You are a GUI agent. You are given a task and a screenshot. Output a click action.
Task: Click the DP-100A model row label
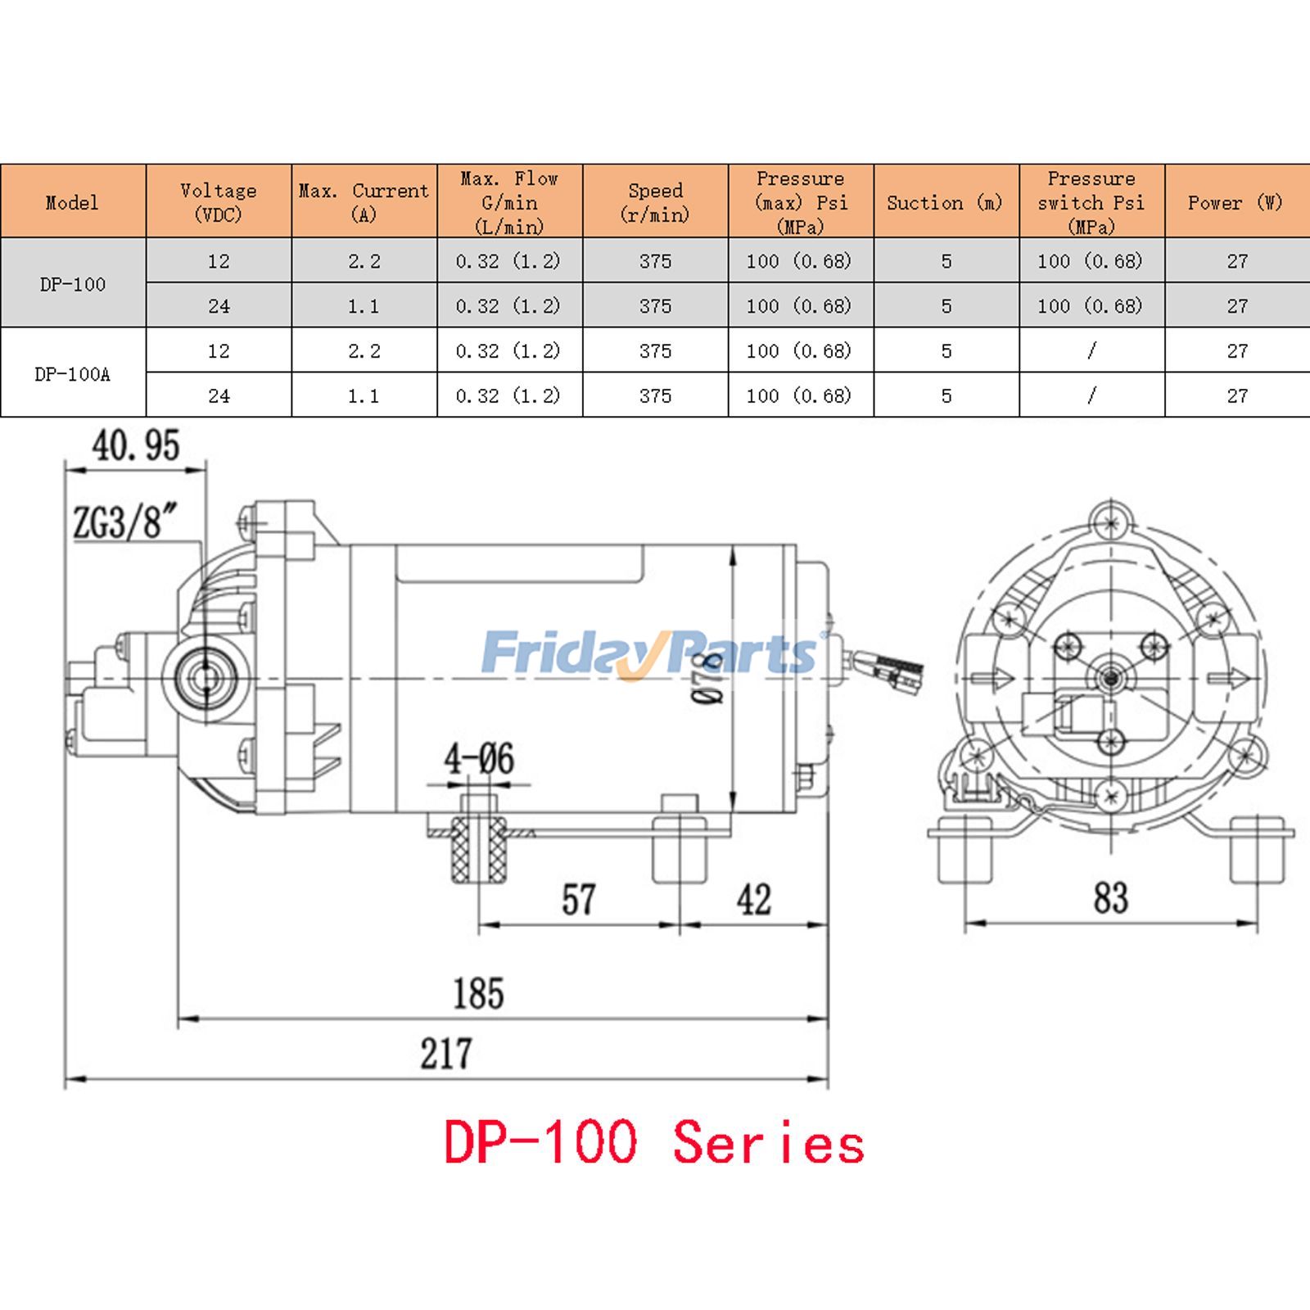(72, 374)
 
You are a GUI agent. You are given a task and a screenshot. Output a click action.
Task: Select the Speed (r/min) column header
(655, 201)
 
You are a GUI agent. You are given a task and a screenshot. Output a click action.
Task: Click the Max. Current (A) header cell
(364, 201)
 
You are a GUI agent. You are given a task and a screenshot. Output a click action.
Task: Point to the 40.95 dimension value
(136, 446)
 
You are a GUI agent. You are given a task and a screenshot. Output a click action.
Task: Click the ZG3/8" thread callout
(125, 522)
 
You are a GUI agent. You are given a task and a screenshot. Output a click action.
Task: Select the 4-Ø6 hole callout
(479, 759)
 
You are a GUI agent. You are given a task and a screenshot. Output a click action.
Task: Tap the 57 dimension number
(578, 900)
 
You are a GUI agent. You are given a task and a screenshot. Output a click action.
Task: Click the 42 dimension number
(753, 900)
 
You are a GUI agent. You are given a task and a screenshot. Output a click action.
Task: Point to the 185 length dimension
(479, 993)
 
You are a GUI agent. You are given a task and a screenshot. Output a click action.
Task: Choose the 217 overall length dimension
(446, 1054)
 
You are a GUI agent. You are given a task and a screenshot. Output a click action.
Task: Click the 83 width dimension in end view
(1110, 898)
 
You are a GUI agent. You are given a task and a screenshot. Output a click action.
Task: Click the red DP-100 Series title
(653, 1143)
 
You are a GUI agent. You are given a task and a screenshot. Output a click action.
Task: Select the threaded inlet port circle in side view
(201, 678)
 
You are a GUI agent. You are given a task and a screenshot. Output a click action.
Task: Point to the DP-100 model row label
(72, 284)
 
